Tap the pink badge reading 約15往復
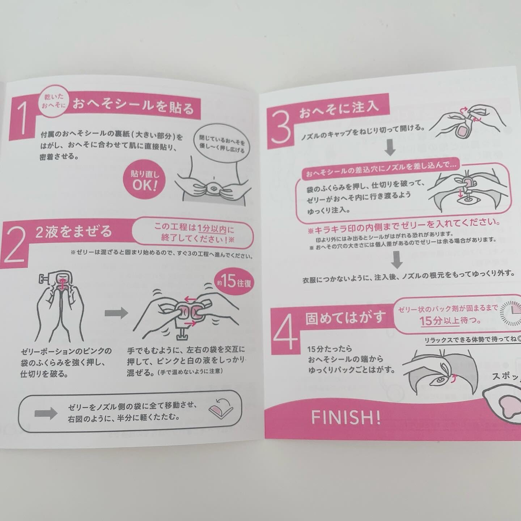click(x=234, y=282)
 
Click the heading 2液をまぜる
click(x=73, y=232)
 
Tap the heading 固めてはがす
click(x=345, y=317)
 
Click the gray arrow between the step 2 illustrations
click(x=116, y=313)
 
